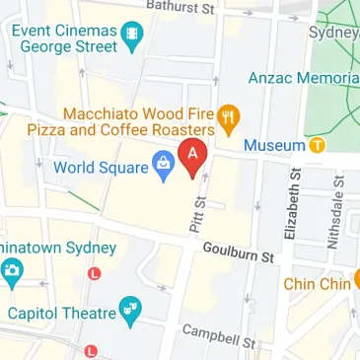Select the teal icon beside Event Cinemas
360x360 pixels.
click(131, 36)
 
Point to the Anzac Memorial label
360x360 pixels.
click(303, 78)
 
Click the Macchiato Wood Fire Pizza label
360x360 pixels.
click(138, 121)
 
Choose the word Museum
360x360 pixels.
click(273, 146)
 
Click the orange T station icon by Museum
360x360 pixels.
click(317, 146)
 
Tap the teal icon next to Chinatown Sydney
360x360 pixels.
click(12, 273)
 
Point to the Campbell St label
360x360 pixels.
click(219, 336)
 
